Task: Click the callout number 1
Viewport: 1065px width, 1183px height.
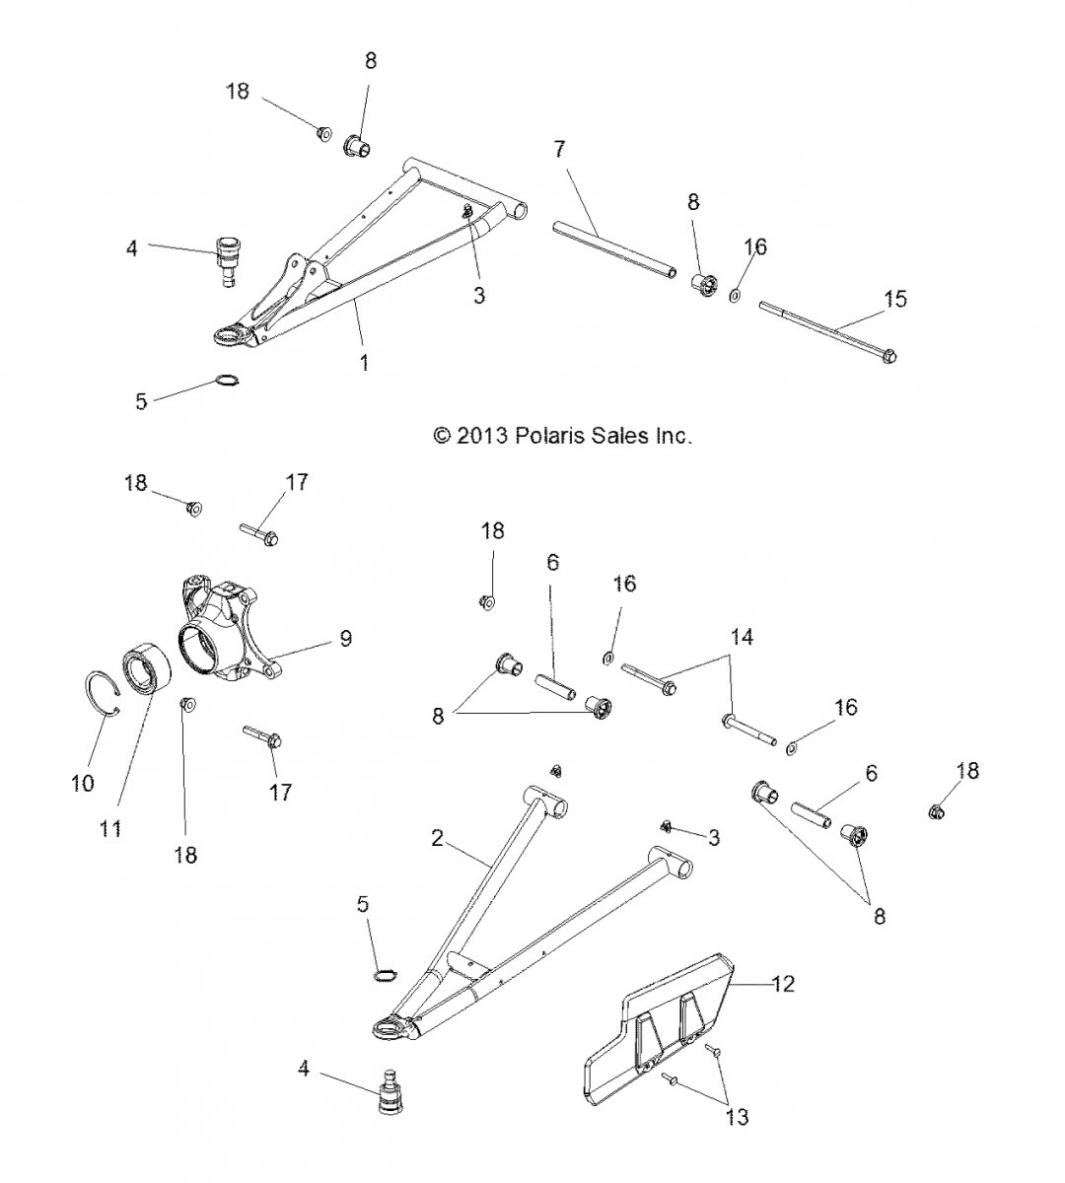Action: (364, 363)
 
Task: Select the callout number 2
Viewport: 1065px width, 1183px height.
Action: (438, 839)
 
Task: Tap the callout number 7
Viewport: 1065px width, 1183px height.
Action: (559, 150)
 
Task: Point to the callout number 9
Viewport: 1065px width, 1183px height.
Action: (345, 638)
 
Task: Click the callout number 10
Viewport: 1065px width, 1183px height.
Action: (83, 783)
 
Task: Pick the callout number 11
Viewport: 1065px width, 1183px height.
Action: (110, 828)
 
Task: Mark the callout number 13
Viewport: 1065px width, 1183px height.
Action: (737, 1117)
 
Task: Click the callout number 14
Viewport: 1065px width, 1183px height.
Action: (743, 638)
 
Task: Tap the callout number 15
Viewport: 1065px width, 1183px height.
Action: (894, 299)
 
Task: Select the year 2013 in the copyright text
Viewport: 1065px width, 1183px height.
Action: (481, 435)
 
